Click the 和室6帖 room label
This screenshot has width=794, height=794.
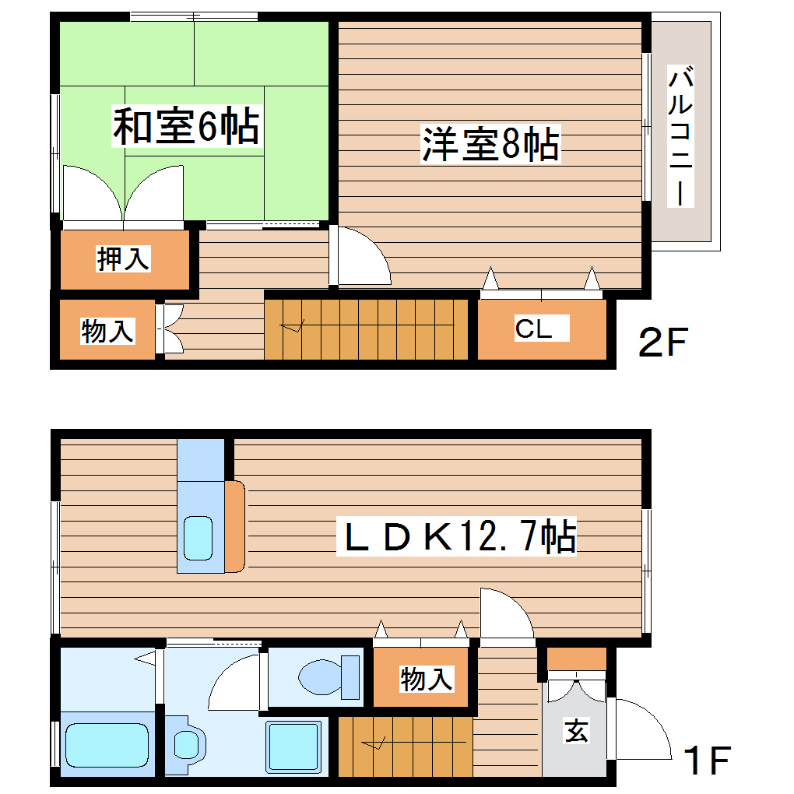[x=186, y=127]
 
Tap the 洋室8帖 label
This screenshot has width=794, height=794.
[x=490, y=144]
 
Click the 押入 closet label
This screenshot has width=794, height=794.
[x=122, y=258]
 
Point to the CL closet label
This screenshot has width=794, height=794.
[x=533, y=329]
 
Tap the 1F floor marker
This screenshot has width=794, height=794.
[x=707, y=761]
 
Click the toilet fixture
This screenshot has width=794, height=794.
[x=327, y=677]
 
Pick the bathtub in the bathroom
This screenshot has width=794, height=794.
[x=107, y=746]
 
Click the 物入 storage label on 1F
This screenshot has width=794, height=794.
[x=426, y=679]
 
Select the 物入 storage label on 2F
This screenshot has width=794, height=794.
[x=108, y=332]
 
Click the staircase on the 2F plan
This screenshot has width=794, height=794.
[x=366, y=329]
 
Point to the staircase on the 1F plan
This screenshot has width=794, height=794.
[x=405, y=746]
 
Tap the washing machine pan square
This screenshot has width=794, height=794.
[x=293, y=745]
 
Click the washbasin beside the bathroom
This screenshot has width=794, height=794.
[x=186, y=745]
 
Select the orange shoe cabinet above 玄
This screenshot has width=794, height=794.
[x=576, y=659]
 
